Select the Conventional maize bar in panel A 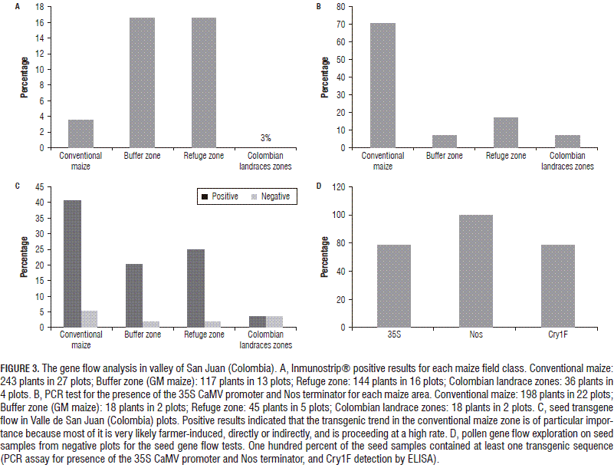[80, 133]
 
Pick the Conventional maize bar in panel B [382, 85]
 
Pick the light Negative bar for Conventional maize [90, 318]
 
